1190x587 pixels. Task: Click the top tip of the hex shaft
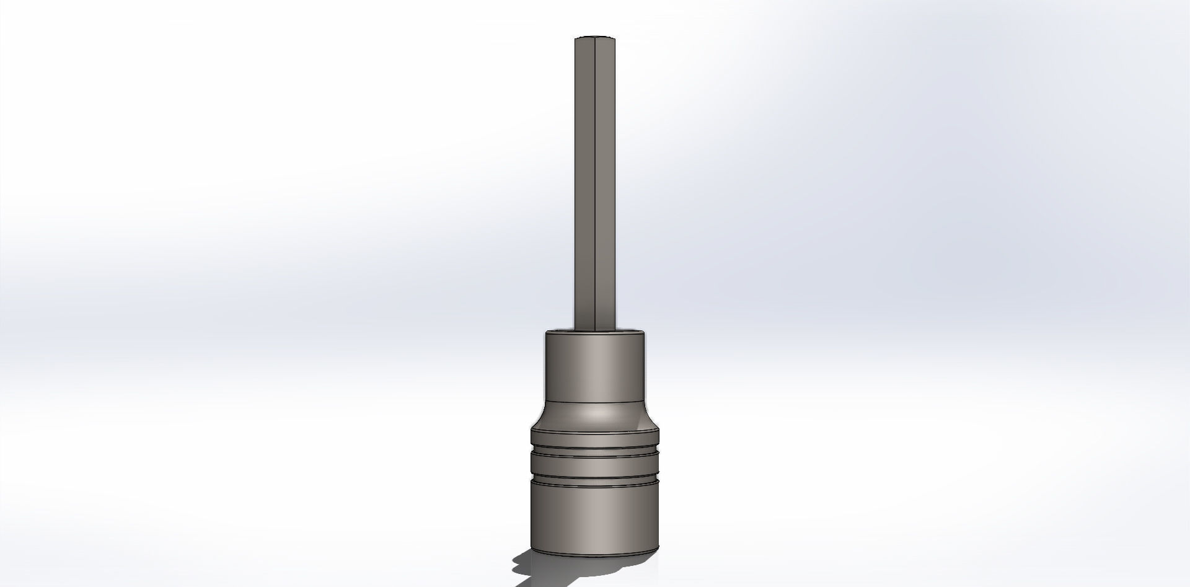point(594,38)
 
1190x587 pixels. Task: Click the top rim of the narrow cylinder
point(594,333)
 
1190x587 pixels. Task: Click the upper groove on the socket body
point(594,449)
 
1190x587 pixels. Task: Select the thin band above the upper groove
point(594,437)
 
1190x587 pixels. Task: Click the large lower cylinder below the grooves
point(594,518)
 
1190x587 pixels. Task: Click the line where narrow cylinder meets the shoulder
point(594,402)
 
